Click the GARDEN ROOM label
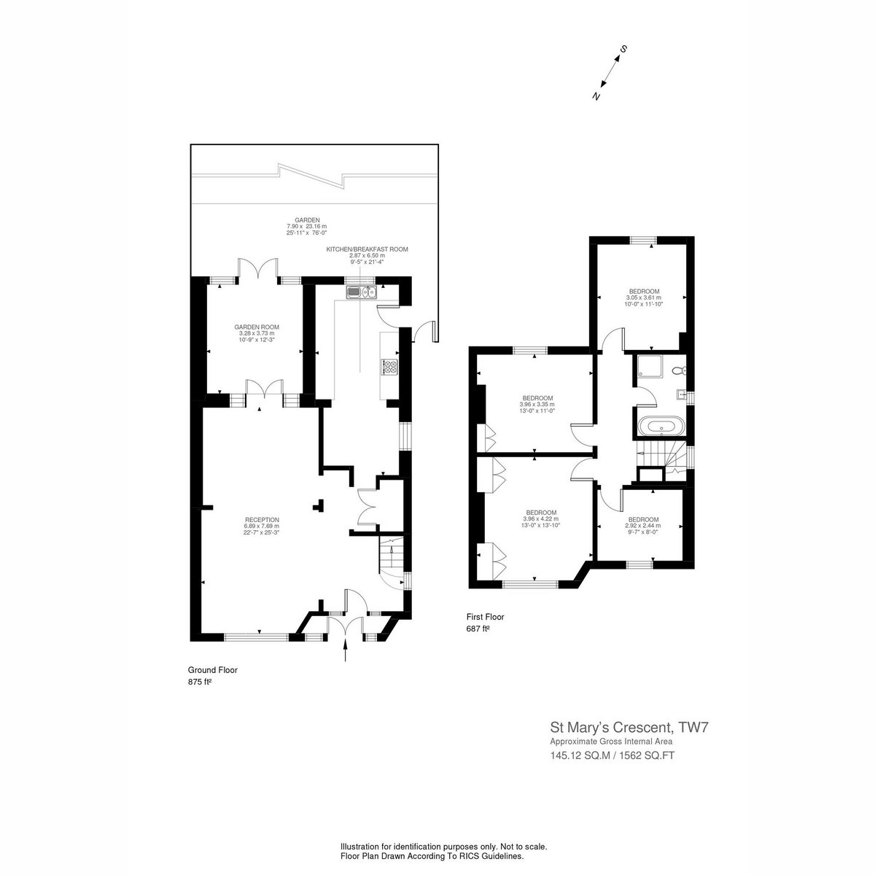(x=256, y=327)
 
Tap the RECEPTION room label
(x=262, y=519)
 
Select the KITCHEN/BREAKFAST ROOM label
(x=367, y=249)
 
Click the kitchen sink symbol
(x=362, y=293)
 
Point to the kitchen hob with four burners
(x=390, y=367)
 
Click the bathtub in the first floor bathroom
(x=661, y=427)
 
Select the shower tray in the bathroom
(x=649, y=367)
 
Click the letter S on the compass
(x=624, y=49)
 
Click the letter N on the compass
(x=596, y=96)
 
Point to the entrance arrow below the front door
(x=346, y=650)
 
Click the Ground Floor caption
(x=212, y=670)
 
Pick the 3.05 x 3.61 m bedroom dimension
(x=644, y=298)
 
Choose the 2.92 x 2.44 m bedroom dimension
(x=643, y=526)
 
